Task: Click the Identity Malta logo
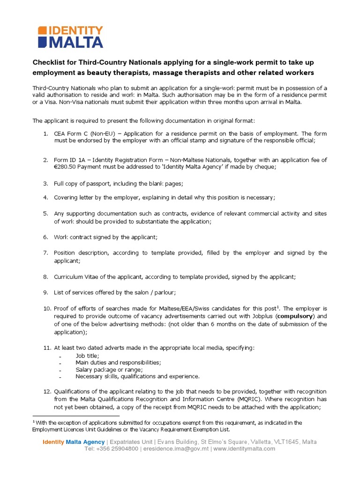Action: (70, 37)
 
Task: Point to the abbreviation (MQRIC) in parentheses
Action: (250, 399)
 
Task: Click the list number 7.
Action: (46, 253)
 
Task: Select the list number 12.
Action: (46, 391)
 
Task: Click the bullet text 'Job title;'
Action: (87, 355)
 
